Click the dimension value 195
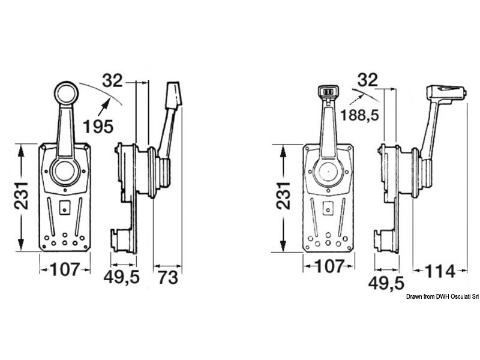click(98, 126)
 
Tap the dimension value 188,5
click(359, 115)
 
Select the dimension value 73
click(168, 277)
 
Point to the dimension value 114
click(440, 271)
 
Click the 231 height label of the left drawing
click(21, 196)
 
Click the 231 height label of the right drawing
click(283, 196)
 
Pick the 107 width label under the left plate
click(65, 269)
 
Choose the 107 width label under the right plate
click(329, 266)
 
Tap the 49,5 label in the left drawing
click(122, 277)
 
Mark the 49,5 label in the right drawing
click(386, 283)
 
